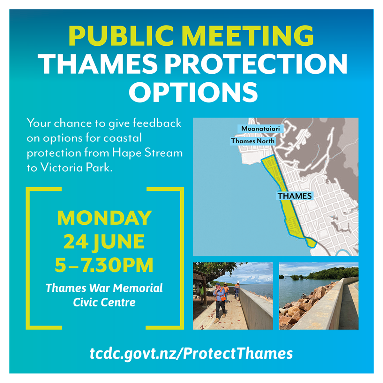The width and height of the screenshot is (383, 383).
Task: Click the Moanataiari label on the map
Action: [x=260, y=128]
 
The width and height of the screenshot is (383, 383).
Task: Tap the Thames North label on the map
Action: [x=253, y=141]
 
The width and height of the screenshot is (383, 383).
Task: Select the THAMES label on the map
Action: [x=295, y=196]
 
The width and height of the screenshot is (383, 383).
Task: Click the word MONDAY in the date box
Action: [x=104, y=218]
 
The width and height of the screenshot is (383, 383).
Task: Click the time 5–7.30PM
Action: [x=104, y=265]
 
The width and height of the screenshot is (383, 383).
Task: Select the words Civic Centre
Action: [x=104, y=302]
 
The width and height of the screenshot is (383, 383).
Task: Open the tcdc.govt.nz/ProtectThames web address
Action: [x=191, y=354]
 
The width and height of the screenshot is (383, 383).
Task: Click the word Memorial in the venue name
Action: [x=138, y=288]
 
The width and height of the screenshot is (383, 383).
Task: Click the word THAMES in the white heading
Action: [x=98, y=63]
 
